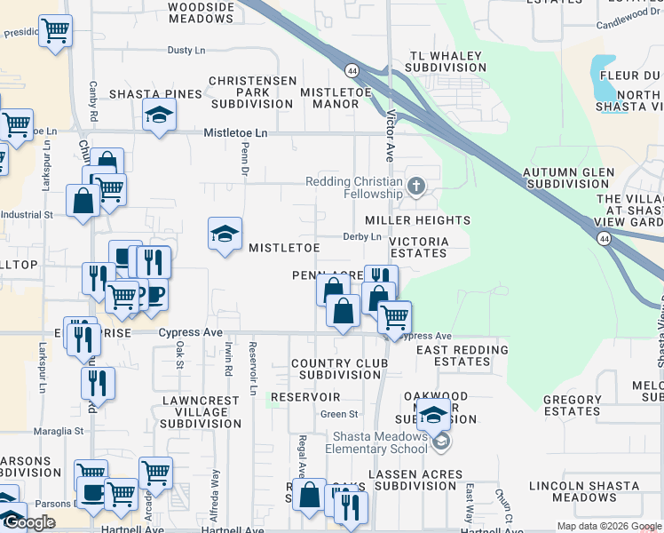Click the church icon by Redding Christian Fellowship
[x=416, y=187]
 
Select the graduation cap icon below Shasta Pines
[x=160, y=115]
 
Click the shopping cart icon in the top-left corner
[x=55, y=32]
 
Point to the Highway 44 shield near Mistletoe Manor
[x=352, y=70]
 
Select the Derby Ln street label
[x=362, y=236]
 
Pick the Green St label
[x=339, y=414]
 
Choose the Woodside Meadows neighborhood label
[x=201, y=12]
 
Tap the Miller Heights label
[x=417, y=220]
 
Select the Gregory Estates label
[x=572, y=406]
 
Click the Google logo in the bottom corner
[x=30, y=522]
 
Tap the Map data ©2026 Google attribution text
[x=608, y=526]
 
